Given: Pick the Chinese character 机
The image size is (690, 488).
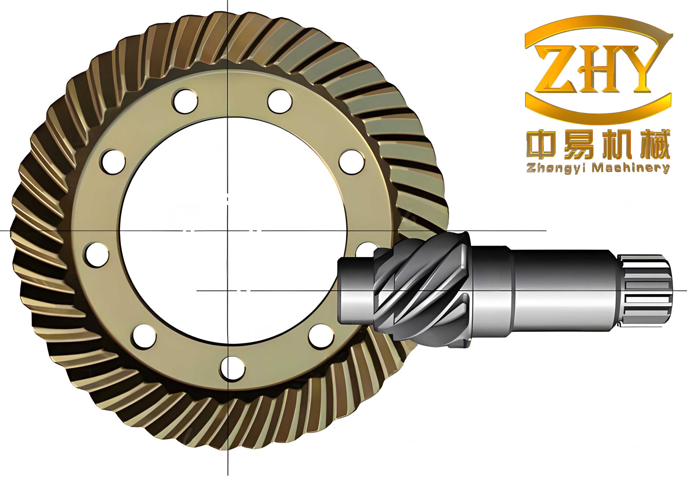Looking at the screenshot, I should click(x=616, y=145).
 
